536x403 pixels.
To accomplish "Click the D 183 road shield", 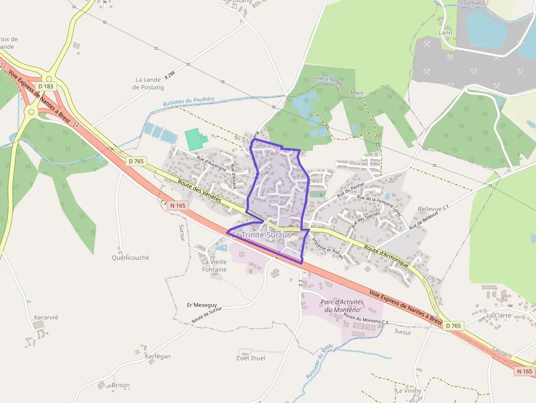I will point(46,86).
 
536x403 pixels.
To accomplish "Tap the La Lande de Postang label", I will point(148,84).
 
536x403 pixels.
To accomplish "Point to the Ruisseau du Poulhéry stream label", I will point(189,101).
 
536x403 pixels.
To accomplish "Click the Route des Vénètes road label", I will point(199,192).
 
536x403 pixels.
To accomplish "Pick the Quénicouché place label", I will point(130,258).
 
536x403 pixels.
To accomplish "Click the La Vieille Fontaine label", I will point(214,265).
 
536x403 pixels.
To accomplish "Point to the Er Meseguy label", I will point(202,305).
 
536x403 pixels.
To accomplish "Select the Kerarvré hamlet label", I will point(46,317).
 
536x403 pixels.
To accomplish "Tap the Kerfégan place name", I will point(158,356).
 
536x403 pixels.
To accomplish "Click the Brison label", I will point(120,385).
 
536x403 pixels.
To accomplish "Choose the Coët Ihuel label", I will point(250,358).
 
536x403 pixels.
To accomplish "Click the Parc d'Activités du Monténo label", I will point(342,306).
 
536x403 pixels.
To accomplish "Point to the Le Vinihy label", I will point(409,391).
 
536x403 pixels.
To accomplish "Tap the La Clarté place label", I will point(498,316).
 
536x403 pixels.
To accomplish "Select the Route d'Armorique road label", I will point(386,256).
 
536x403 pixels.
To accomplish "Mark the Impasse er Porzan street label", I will point(327,248).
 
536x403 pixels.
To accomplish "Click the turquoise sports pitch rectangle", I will point(193,139).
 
